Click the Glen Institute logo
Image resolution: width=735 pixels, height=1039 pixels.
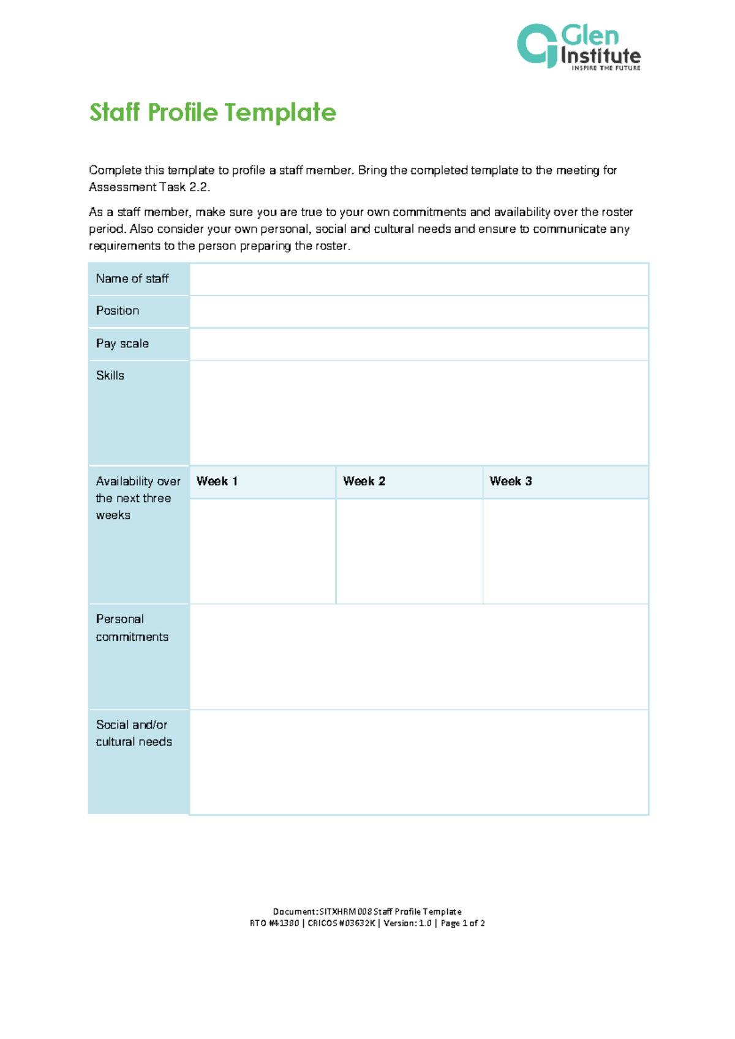(578, 47)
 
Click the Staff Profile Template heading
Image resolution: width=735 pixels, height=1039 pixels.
(213, 113)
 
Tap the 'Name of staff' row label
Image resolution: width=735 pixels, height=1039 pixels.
(132, 279)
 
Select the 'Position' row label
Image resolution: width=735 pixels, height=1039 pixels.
(118, 311)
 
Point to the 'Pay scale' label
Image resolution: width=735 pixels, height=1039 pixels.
(123, 344)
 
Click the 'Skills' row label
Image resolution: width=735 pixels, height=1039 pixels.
(110, 376)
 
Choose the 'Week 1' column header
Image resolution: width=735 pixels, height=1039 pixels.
(217, 482)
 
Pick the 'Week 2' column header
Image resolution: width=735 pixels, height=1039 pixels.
(364, 482)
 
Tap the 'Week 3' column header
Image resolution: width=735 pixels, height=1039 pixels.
(511, 482)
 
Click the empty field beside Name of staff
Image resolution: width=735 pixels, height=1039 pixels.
(419, 279)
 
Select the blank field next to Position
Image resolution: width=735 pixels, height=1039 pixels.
(419, 311)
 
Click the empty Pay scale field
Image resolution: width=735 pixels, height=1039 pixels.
(419, 344)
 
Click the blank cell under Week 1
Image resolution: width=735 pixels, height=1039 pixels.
(263, 551)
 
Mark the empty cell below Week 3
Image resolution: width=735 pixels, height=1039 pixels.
(565, 551)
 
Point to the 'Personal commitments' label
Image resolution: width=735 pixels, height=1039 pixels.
(132, 628)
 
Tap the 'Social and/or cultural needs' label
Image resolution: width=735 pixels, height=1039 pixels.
(134, 733)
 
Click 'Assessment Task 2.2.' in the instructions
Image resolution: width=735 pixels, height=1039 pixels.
(149, 187)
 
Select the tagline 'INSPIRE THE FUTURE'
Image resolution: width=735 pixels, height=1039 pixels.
(606, 68)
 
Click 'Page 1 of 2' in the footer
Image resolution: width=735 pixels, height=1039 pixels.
(463, 923)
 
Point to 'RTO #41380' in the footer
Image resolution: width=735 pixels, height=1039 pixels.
(274, 923)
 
